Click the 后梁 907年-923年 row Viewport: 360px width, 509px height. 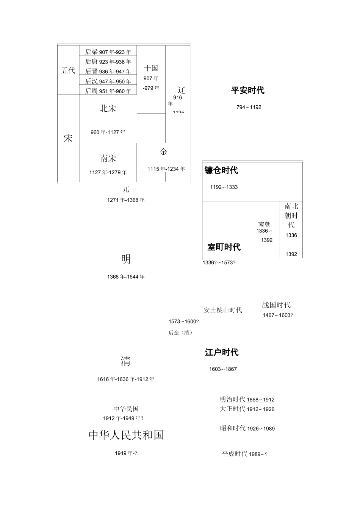108,52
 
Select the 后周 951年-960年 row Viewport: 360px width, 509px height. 108,91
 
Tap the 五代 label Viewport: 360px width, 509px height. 68,70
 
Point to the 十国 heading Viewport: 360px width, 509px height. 151,68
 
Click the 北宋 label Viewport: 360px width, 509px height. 108,109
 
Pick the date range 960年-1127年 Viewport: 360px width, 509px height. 108,132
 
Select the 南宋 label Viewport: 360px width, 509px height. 108,158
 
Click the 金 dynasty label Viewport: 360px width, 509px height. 164,152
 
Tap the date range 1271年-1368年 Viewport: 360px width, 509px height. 126,200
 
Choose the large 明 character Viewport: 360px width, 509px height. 126,259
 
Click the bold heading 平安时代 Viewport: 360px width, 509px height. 248,91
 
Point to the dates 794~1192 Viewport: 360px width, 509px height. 249,107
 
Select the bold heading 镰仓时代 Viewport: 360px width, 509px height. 221,170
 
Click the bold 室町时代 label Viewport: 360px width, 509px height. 224,247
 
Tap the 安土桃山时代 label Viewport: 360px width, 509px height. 223,310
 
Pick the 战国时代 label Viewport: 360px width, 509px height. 276,305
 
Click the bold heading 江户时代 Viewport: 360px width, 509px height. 222,353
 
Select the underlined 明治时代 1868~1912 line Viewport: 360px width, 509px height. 247,400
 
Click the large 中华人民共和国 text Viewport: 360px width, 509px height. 126,435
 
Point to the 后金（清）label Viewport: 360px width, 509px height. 181,333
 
